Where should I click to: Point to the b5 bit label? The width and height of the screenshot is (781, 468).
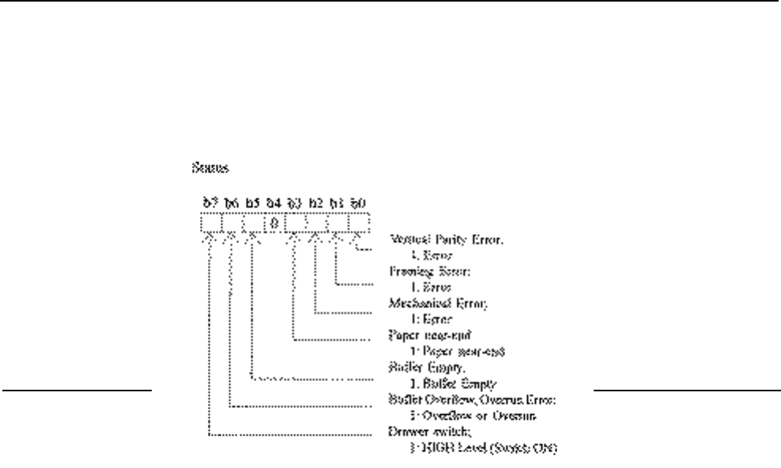click(x=252, y=204)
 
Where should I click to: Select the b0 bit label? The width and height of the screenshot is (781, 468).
click(x=357, y=204)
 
